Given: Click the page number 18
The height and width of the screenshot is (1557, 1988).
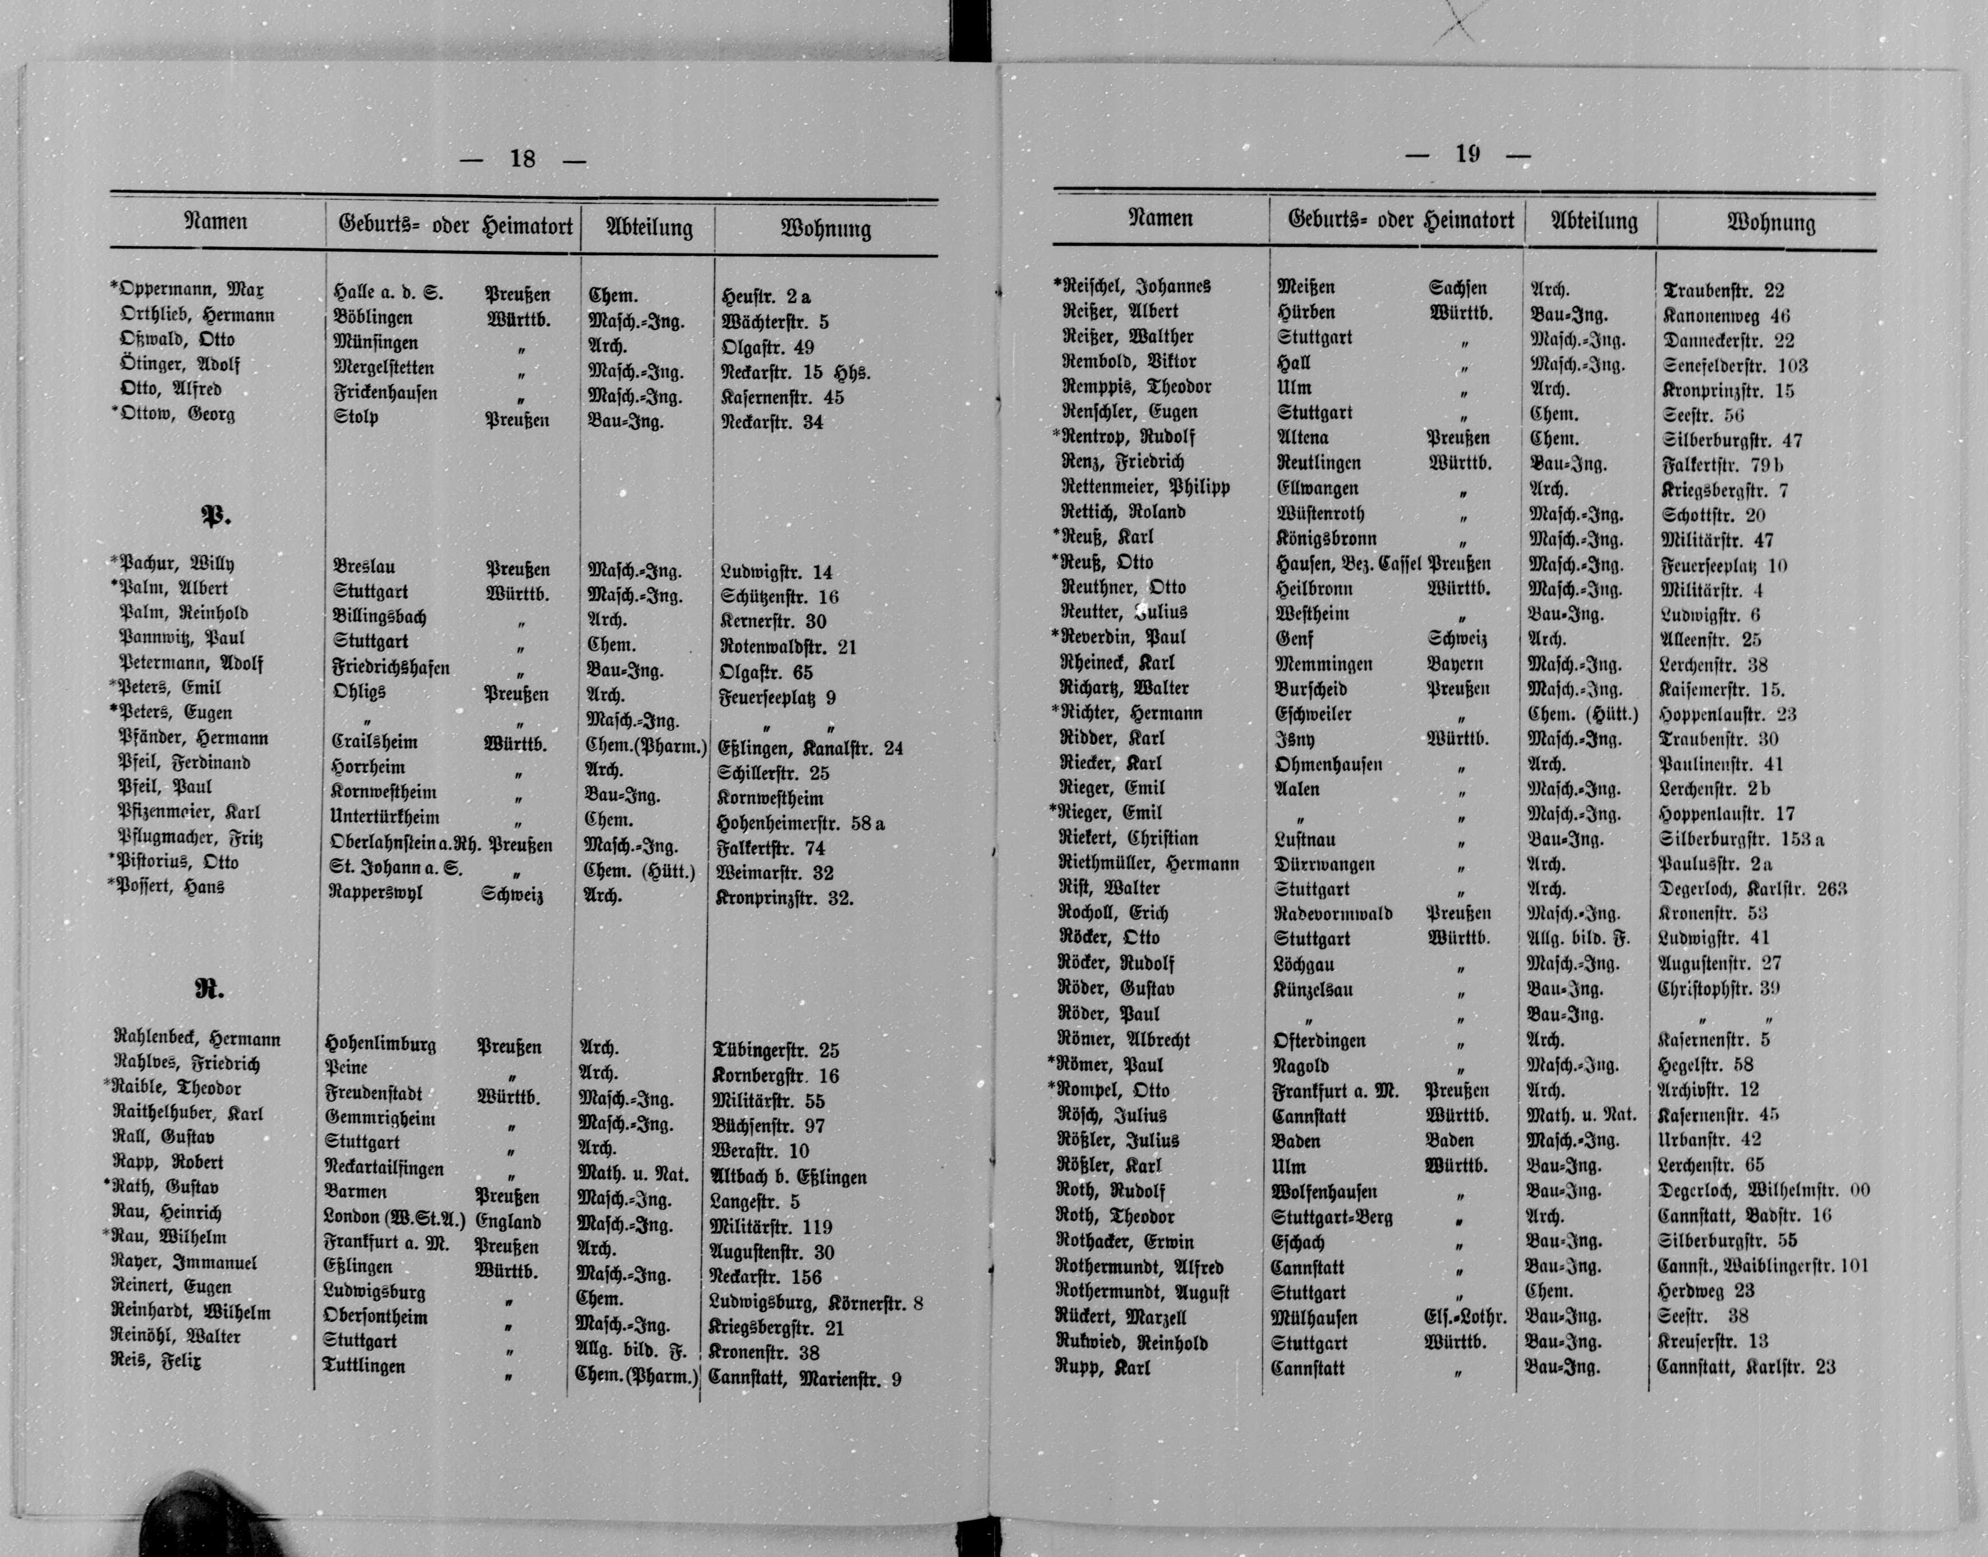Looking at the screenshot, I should click(522, 159).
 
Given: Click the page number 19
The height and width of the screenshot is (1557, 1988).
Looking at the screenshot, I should click(1467, 154).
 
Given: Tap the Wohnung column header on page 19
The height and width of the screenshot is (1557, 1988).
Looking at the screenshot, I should click(1770, 223).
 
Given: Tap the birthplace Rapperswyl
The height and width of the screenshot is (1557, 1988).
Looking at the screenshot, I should click(375, 893).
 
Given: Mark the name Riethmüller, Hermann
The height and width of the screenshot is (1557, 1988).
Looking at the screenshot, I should click(1148, 863).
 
